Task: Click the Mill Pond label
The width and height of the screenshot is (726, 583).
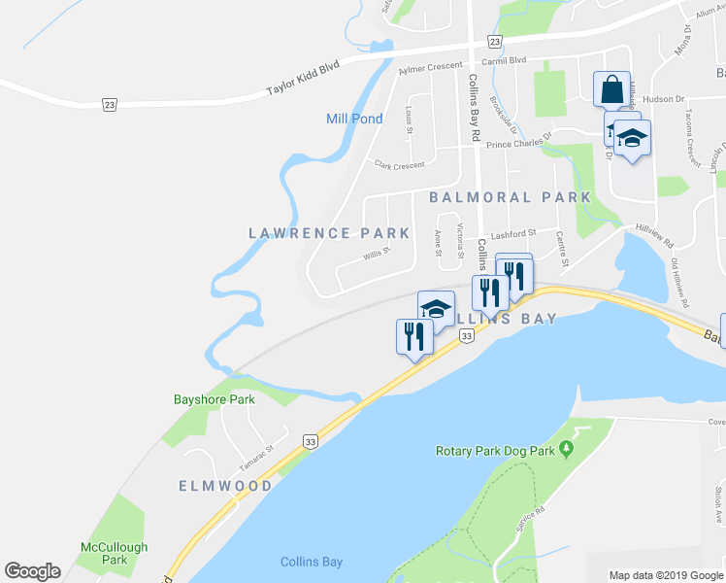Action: point(354,119)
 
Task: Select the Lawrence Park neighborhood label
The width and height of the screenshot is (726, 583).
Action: point(329,233)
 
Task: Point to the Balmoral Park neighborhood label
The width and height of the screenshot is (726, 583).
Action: point(510,197)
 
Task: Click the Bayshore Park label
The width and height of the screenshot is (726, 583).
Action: point(214,399)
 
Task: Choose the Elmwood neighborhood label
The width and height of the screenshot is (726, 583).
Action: point(225,485)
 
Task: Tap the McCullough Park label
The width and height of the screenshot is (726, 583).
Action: point(115,553)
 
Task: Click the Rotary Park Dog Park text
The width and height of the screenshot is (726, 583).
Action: point(494,451)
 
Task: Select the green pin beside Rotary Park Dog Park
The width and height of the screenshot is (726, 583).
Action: point(567,450)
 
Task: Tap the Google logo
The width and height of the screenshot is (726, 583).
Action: point(32,571)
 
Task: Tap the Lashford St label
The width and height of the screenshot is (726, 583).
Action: point(513,234)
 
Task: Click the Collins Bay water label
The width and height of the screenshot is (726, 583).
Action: point(311,562)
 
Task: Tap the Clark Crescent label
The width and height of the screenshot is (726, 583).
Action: point(399,164)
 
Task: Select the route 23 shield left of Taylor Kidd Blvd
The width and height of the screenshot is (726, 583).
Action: point(110,103)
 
